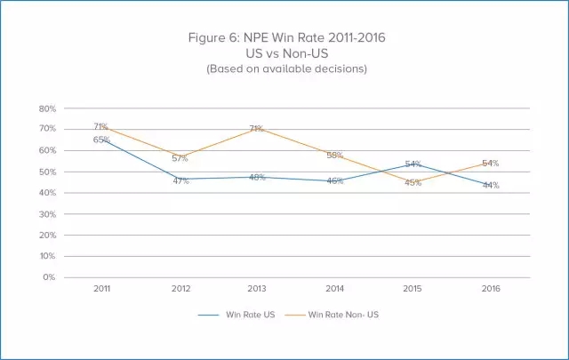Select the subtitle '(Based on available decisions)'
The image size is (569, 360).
click(284, 68)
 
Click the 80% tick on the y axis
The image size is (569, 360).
click(48, 108)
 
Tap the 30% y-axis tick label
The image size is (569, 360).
click(48, 214)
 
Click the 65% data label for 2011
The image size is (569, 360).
click(100, 140)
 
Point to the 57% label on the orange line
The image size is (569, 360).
click(179, 158)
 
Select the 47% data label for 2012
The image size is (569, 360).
click(179, 180)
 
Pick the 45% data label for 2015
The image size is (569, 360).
click(413, 184)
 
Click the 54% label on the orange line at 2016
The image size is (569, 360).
click(490, 164)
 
